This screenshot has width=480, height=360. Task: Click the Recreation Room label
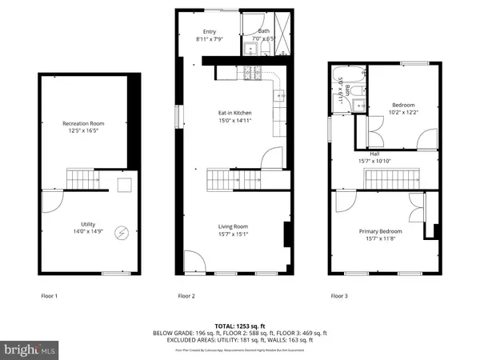(84, 123)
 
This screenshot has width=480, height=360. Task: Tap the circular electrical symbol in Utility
(122, 234)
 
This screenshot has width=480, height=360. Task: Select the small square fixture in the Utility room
(124, 186)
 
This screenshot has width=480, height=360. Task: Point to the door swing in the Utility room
(50, 202)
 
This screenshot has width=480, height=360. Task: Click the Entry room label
(210, 32)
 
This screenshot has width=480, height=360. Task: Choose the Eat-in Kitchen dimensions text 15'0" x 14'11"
(230, 120)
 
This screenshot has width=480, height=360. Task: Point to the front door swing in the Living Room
(195, 261)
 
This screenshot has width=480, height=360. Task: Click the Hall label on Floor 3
(374, 153)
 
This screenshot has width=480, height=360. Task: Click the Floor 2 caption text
(186, 296)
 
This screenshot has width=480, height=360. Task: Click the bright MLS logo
(30, 349)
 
